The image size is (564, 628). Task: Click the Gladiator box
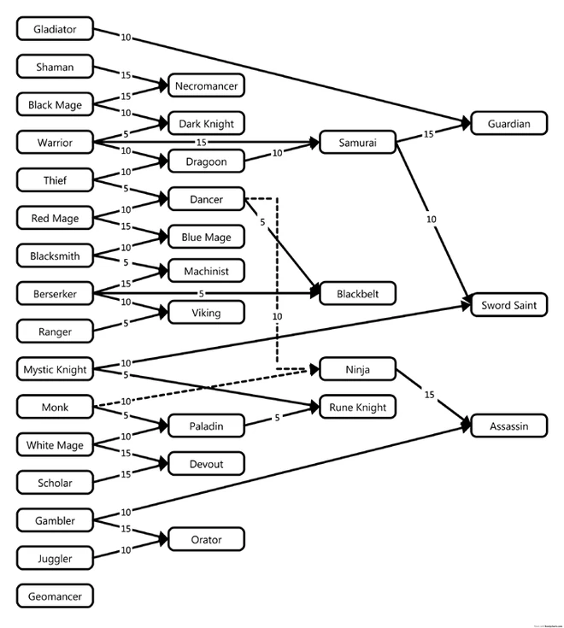[x=55, y=29]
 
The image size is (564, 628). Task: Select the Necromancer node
[x=206, y=85]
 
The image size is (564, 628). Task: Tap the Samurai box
[x=358, y=142]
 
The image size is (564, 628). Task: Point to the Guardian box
[x=509, y=124]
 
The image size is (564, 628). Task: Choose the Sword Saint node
[x=509, y=304]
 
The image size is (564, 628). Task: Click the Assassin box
[x=509, y=425]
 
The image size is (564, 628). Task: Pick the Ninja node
[x=358, y=369]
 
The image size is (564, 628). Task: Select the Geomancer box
[x=55, y=596]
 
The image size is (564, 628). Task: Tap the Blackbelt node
[x=358, y=294]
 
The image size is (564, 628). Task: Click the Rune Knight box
[x=358, y=407]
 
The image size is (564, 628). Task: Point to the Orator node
[x=206, y=539]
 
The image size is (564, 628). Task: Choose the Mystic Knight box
[x=55, y=369]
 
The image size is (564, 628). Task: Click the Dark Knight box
[x=206, y=123]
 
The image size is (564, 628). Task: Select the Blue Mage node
[x=206, y=237]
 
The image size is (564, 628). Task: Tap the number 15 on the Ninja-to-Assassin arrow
[x=430, y=395]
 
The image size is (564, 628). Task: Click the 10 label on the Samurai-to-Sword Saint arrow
[x=432, y=220]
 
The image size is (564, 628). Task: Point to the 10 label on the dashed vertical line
[x=277, y=316]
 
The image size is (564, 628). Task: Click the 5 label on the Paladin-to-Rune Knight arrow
[x=278, y=418]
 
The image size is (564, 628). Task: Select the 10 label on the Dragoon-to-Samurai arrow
[x=278, y=153]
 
